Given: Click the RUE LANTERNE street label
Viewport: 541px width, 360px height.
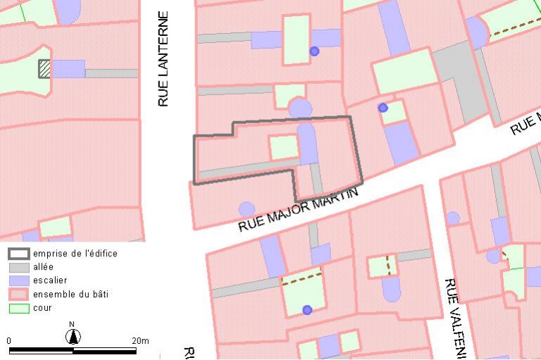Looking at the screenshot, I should click(163, 59).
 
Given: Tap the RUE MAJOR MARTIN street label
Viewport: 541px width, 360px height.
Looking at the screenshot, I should click(298, 209).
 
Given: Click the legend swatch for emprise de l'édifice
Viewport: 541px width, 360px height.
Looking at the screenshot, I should click(18, 254).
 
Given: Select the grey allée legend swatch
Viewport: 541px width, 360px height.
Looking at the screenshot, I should click(18, 267).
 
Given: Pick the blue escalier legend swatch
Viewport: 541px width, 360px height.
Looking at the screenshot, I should click(18, 280).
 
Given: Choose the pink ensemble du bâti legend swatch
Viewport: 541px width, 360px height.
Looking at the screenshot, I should click(18, 294).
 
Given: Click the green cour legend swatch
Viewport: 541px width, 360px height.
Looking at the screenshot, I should click(18, 308).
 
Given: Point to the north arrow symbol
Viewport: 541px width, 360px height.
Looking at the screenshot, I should click(73, 337).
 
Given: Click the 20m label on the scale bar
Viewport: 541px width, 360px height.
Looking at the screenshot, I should click(140, 341).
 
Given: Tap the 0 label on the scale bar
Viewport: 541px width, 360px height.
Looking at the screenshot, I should click(9, 341).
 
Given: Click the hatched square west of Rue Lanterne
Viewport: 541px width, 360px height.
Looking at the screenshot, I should click(44, 68).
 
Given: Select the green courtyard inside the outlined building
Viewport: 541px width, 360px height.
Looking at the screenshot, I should click(284, 147).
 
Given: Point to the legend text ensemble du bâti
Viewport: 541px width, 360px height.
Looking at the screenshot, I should click(70, 294).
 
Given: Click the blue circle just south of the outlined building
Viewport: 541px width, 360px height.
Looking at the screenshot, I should click(247, 209).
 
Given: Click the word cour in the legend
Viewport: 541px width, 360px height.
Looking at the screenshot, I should click(42, 308).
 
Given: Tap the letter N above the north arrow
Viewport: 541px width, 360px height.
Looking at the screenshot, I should click(72, 325).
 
